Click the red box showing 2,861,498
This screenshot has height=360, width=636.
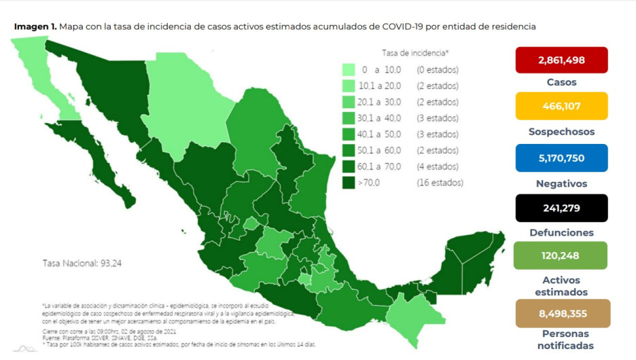[x=561, y=60]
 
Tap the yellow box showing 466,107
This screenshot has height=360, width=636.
[x=561, y=107]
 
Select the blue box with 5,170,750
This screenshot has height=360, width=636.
[x=561, y=158]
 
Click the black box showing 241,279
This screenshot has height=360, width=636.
[x=561, y=207]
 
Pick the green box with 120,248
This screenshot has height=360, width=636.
[x=561, y=256]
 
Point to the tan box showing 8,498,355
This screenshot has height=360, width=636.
[x=561, y=314]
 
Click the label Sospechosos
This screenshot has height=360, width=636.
[x=561, y=132]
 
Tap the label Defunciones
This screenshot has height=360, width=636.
[x=561, y=232]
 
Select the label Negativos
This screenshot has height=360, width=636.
[x=561, y=183]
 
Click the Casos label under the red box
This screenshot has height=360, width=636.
[x=561, y=82]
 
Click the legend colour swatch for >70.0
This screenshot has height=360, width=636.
[x=349, y=183]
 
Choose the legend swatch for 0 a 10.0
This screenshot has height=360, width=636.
[x=349, y=70]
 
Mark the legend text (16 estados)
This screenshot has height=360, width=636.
[x=440, y=183]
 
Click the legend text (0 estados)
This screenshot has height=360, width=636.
[x=437, y=70]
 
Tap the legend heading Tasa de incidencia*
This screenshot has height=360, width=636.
[x=414, y=52]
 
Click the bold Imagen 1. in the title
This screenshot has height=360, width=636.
[x=35, y=26]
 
